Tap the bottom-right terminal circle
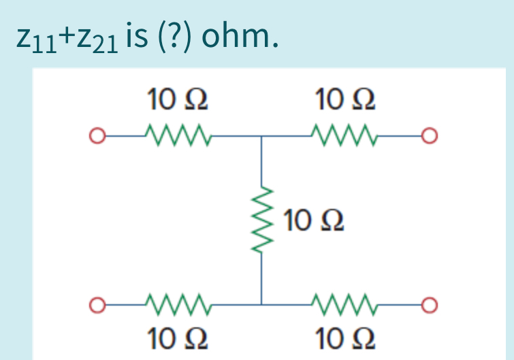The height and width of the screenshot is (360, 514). [x=427, y=303]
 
